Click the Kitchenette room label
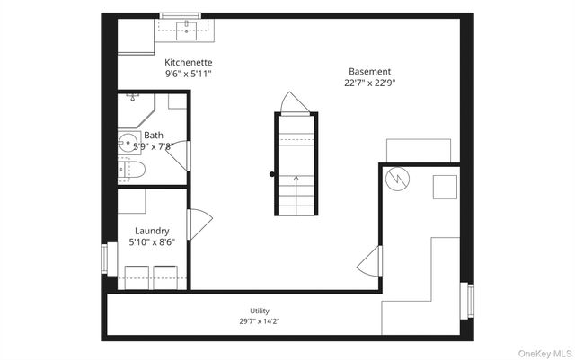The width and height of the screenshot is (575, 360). [188, 62]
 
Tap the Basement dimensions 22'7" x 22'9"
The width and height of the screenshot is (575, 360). [369, 83]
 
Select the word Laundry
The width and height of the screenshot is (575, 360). [152, 231]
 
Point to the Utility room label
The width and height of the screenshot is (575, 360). [260, 311]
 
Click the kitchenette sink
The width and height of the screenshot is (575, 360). [186, 31]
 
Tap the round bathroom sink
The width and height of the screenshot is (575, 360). [128, 143]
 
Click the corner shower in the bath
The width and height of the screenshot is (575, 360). [136, 110]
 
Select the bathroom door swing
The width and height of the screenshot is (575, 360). [178, 156]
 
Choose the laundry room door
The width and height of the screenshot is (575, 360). [199, 224]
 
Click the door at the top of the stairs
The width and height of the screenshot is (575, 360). [296, 103]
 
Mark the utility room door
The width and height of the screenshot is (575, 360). [369, 261]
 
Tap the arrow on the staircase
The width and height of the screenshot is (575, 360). [296, 196]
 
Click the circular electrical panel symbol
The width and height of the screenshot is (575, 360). [397, 179]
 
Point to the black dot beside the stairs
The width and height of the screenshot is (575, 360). [271, 174]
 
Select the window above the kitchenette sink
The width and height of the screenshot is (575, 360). [181, 15]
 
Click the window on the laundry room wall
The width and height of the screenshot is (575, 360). [104, 259]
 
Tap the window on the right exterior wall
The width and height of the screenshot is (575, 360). [471, 301]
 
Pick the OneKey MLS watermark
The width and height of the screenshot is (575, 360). [545, 354]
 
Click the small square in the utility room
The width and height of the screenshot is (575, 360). [445, 187]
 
